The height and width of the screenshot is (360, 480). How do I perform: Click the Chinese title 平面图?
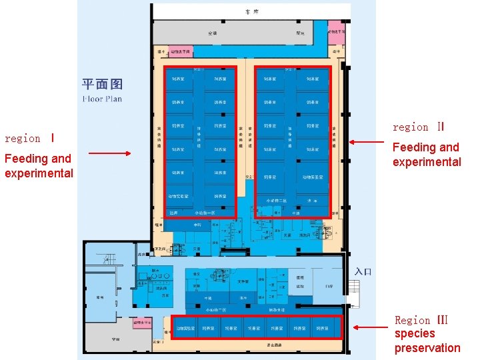pyautogui.click(x=102, y=84)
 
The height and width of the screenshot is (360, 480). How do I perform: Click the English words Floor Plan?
pyautogui.click(x=102, y=99)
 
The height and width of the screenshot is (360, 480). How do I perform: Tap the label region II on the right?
pyautogui.click(x=418, y=127)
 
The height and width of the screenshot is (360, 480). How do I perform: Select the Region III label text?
pyautogui.click(x=421, y=320)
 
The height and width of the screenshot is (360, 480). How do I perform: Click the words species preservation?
pyautogui.click(x=427, y=341)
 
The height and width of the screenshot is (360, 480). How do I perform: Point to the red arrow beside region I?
pyautogui.click(x=109, y=153)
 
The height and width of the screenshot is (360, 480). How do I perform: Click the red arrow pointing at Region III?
pyautogui.click(x=370, y=327)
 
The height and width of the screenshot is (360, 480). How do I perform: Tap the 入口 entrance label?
pyautogui.click(x=363, y=271)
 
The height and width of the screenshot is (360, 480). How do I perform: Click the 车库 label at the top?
pyautogui.click(x=251, y=12)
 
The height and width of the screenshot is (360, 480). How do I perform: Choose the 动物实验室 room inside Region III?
pyautogui.click(x=185, y=328)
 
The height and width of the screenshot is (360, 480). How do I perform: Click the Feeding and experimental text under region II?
pyautogui.click(x=427, y=155)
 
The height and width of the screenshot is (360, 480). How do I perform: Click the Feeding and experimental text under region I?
pyautogui.click(x=39, y=166)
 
